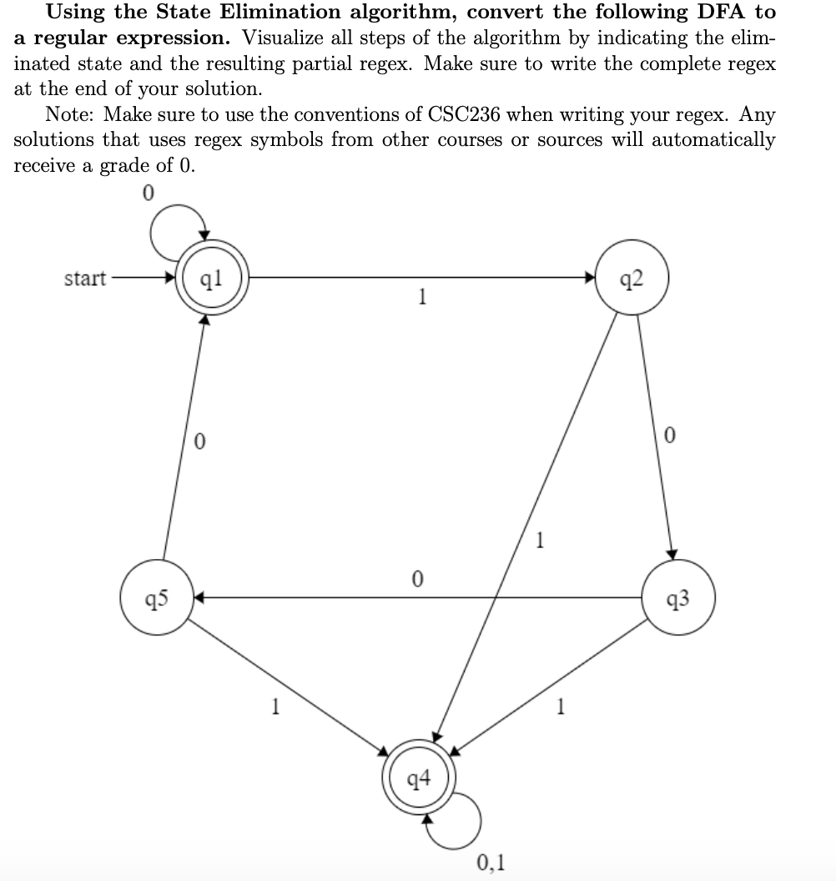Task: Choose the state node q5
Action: [x=156, y=597]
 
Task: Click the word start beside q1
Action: [x=85, y=278]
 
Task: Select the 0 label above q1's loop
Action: [x=148, y=193]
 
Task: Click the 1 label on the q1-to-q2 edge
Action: [x=424, y=298]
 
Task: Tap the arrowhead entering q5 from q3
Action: [x=199, y=597]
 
